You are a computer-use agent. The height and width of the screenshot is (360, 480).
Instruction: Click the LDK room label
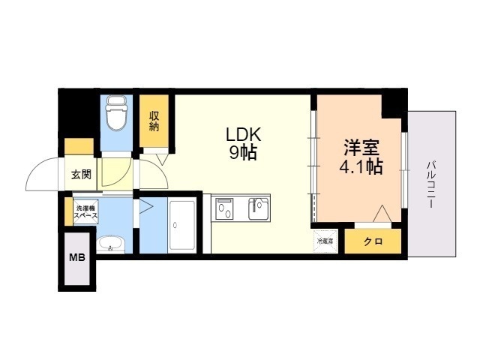pos(243,134)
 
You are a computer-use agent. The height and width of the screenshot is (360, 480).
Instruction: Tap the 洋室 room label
pos(361,148)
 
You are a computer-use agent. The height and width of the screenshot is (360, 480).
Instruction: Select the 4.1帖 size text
pos(361,166)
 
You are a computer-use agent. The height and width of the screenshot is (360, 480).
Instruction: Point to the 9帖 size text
pos(243,152)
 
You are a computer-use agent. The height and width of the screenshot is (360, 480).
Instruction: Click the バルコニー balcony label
pos(432,185)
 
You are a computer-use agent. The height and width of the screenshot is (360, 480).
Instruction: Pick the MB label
pos(76,258)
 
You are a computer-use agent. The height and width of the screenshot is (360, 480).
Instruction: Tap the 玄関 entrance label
pos(81,175)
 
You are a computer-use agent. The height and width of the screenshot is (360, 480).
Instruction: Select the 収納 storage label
pos(154,121)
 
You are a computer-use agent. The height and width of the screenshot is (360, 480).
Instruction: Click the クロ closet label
pos(373,241)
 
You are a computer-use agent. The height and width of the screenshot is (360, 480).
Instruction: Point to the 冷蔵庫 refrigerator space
pos(325,241)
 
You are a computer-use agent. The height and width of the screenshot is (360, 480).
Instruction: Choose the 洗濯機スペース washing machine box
pos(86,211)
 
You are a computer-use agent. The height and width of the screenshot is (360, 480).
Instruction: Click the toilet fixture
pos(116,112)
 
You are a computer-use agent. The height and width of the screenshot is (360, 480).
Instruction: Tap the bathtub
pos(182,226)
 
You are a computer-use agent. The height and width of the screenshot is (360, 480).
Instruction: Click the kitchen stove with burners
pos(224,209)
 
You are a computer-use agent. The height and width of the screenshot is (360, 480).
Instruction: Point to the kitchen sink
pos(258,208)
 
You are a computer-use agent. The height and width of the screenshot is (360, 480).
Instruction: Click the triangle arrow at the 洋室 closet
pos(382,213)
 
